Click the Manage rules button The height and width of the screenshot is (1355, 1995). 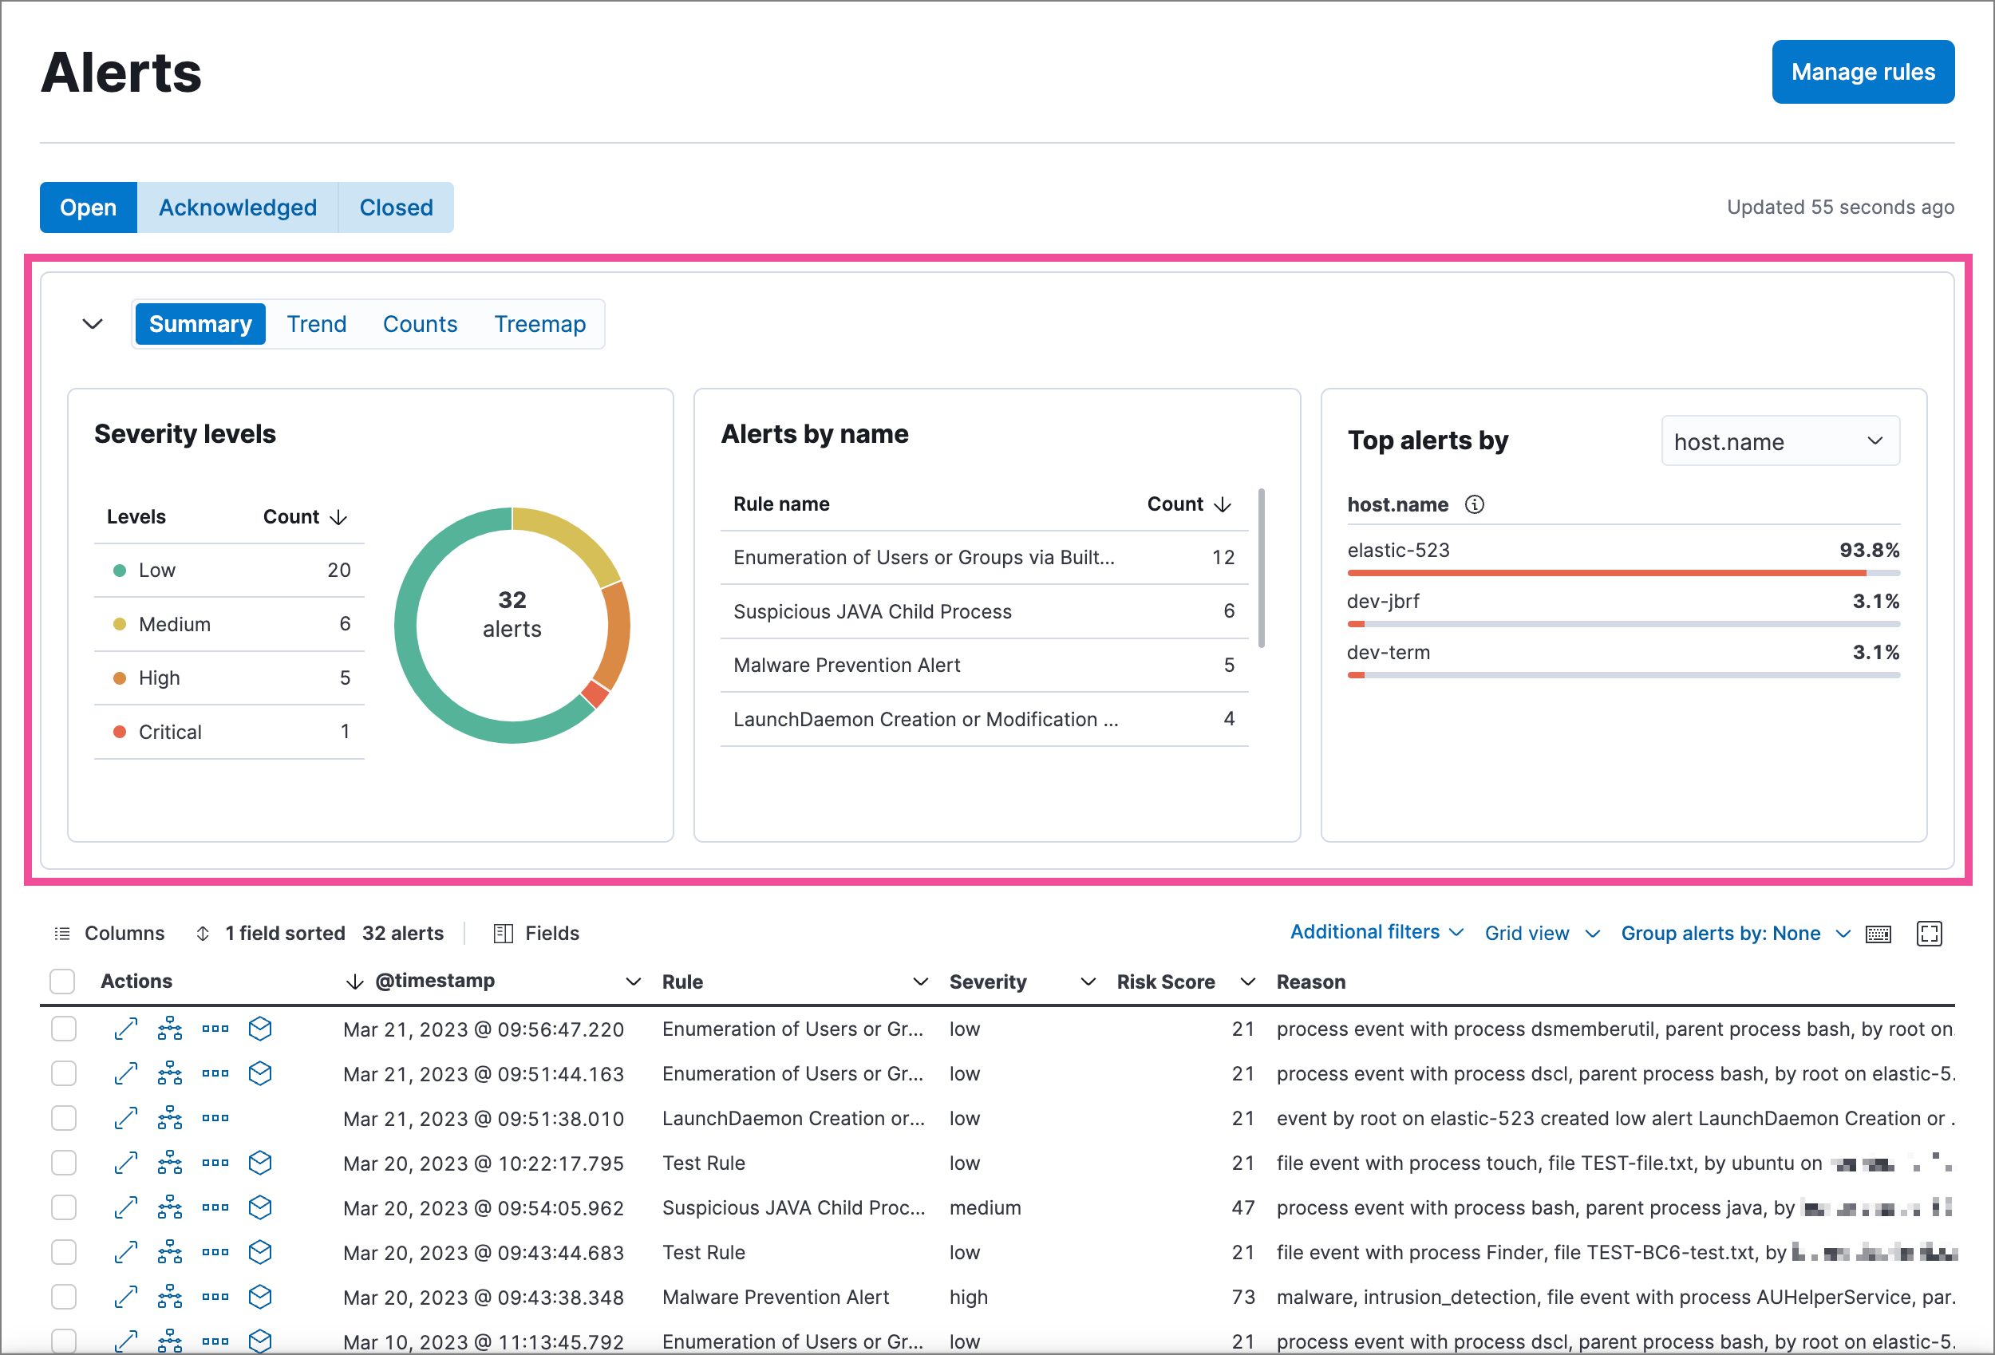pyautogui.click(x=1862, y=72)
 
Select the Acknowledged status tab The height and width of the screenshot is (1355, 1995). pyautogui.click(x=237, y=207)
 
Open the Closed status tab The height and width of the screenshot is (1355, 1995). pyautogui.click(x=396, y=207)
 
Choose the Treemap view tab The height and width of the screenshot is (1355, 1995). pyautogui.click(x=539, y=324)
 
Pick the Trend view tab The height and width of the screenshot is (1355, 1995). pyautogui.click(x=316, y=324)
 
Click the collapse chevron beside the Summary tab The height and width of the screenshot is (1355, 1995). pyautogui.click(x=92, y=324)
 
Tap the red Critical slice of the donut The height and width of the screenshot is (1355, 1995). pyautogui.click(x=594, y=693)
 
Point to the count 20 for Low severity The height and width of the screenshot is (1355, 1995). pyautogui.click(x=338, y=570)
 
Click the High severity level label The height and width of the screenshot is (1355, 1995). pyautogui.click(x=159, y=677)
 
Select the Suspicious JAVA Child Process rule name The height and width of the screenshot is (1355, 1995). pyautogui.click(x=871, y=611)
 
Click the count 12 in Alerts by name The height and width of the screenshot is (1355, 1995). pyautogui.click(x=1223, y=557)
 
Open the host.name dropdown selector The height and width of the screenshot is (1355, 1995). pyautogui.click(x=1780, y=441)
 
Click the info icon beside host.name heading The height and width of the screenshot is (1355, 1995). pyautogui.click(x=1474, y=505)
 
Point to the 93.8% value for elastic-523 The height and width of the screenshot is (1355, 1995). pyautogui.click(x=1868, y=551)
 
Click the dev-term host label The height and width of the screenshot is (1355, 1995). pyautogui.click(x=1387, y=653)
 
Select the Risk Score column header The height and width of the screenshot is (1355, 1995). pyautogui.click(x=1165, y=982)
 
